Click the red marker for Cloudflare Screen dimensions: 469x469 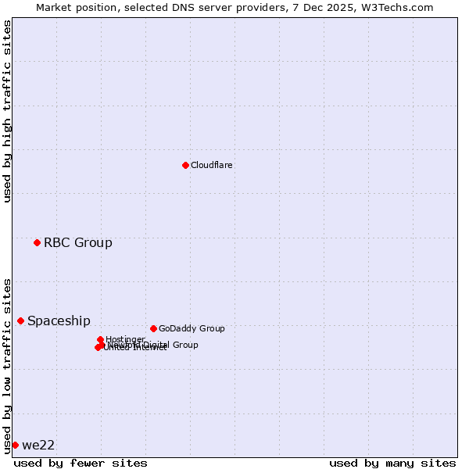tap(185, 165)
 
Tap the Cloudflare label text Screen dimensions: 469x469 tap(212, 166)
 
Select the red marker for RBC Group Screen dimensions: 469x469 tap(37, 242)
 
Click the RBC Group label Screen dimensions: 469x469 tap(78, 242)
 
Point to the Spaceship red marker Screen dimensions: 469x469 tap(20, 320)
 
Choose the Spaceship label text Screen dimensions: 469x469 tap(59, 320)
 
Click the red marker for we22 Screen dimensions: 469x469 tap(15, 445)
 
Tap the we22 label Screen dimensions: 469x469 tap(38, 445)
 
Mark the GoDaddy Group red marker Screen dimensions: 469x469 tap(153, 328)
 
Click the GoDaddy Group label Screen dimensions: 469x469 tap(192, 328)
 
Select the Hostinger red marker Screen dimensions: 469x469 tap(100, 339)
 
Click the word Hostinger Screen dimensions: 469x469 tap(126, 339)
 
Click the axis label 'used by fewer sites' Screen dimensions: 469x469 tap(81, 463)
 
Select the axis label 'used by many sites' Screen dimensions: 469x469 tap(392, 463)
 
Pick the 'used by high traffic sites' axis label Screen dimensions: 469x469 tap(7, 111)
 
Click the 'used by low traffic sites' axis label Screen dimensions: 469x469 tap(7, 364)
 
